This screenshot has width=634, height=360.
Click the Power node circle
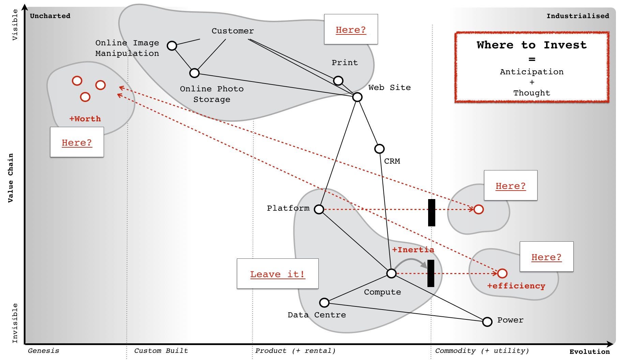tap(487, 321)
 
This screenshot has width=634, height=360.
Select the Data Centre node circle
tap(324, 302)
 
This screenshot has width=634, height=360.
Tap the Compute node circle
tap(391, 273)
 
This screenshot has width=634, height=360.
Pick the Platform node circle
tap(319, 209)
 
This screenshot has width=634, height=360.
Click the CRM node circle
tap(379, 149)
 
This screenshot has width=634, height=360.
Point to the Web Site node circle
tap(357, 97)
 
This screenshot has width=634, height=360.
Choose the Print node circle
tap(338, 80)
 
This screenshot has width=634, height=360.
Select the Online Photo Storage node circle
tap(194, 73)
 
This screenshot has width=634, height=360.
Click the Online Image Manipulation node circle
tap(172, 45)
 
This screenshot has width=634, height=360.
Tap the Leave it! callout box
tap(277, 274)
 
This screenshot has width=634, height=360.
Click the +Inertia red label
tap(413, 250)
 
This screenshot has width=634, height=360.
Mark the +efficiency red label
tap(516, 286)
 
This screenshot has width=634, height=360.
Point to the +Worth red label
tap(85, 119)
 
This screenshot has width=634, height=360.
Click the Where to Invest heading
tap(531, 45)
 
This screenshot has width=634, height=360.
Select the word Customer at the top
tap(232, 31)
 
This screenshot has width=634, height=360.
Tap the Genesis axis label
tap(43, 350)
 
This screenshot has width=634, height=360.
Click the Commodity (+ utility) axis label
tap(482, 350)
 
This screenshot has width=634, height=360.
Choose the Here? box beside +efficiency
tap(546, 257)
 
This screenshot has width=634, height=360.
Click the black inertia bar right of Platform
tap(432, 212)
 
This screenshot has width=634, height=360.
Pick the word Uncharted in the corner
tap(50, 16)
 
